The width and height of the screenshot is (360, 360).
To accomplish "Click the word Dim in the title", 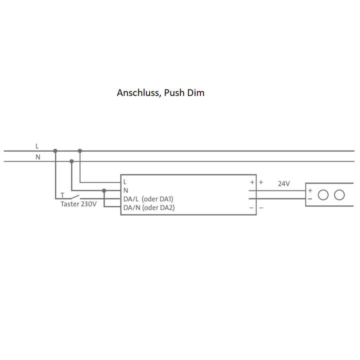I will pyautogui.click(x=196, y=93).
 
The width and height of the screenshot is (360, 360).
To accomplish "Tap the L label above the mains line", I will pyautogui.click(x=37, y=146).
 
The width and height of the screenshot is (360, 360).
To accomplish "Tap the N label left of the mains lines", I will pyautogui.click(x=37, y=157).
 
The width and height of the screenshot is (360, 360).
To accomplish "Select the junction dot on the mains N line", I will pyautogui.click(x=71, y=161).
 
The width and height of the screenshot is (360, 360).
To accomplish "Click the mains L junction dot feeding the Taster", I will pyautogui.click(x=55, y=150).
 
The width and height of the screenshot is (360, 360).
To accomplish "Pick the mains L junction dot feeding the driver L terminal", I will pyautogui.click(x=80, y=150).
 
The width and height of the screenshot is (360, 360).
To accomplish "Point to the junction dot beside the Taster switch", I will pyautogui.click(x=104, y=190).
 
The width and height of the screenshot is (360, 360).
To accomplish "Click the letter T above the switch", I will pyautogui.click(x=62, y=195).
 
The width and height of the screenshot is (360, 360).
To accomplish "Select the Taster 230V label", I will pyautogui.click(x=78, y=204).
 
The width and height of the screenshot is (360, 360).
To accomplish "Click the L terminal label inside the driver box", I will pyautogui.click(x=125, y=182).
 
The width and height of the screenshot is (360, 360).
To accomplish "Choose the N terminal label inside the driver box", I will pyautogui.click(x=125, y=190).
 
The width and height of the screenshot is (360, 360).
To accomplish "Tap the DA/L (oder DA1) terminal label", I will pyautogui.click(x=148, y=199).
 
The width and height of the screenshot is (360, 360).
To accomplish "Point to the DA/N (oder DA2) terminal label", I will pyautogui.click(x=149, y=207).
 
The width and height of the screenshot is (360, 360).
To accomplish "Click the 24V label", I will pyautogui.click(x=284, y=183).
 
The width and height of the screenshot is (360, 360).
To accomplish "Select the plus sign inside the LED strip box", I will pyautogui.click(x=310, y=190).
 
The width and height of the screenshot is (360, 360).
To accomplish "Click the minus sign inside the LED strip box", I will pyautogui.click(x=310, y=198).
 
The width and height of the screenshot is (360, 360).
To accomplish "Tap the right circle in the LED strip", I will pyautogui.click(x=339, y=194).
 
